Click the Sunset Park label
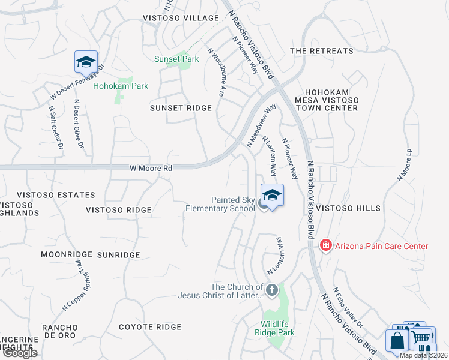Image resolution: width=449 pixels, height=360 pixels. tap(176, 59)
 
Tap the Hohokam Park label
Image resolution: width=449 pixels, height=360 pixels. tap(120, 86)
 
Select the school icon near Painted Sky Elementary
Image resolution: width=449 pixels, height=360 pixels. tap(272, 196)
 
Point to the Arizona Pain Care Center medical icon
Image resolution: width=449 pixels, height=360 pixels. tap(325, 245)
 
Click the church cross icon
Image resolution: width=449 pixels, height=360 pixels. tap(271, 290)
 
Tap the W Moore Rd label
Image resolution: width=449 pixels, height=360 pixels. tap(151, 169)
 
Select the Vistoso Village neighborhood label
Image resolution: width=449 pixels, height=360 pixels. tap(181, 19)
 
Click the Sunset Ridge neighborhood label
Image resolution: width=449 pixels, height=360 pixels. tap(181, 108)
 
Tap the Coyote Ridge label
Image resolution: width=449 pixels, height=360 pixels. tap(149, 327)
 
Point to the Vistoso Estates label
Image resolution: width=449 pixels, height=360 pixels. tap(56, 195)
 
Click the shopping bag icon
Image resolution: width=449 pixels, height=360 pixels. tap(397, 341)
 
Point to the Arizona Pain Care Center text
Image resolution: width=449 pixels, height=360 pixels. tap(381, 246)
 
